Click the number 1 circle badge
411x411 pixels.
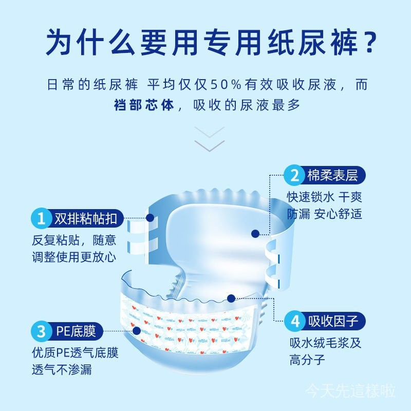[41, 218]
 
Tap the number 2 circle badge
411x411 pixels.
[294, 175]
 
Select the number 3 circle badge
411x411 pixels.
[41, 331]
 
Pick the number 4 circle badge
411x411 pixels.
[295, 321]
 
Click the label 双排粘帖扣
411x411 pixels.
[85, 218]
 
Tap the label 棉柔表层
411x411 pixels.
[332, 175]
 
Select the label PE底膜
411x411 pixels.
[76, 331]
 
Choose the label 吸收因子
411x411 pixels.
[333, 321]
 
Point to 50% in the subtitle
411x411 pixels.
[226, 84]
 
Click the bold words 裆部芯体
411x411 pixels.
[144, 105]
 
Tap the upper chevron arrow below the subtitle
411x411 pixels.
[210, 133]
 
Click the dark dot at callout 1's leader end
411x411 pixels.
[150, 218]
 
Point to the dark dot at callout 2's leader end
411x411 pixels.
[255, 234]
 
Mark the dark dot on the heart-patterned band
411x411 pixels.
[136, 331]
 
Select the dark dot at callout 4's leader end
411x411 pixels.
[231, 298]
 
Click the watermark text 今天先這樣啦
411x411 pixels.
[350, 391]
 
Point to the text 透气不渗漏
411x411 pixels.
[62, 369]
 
